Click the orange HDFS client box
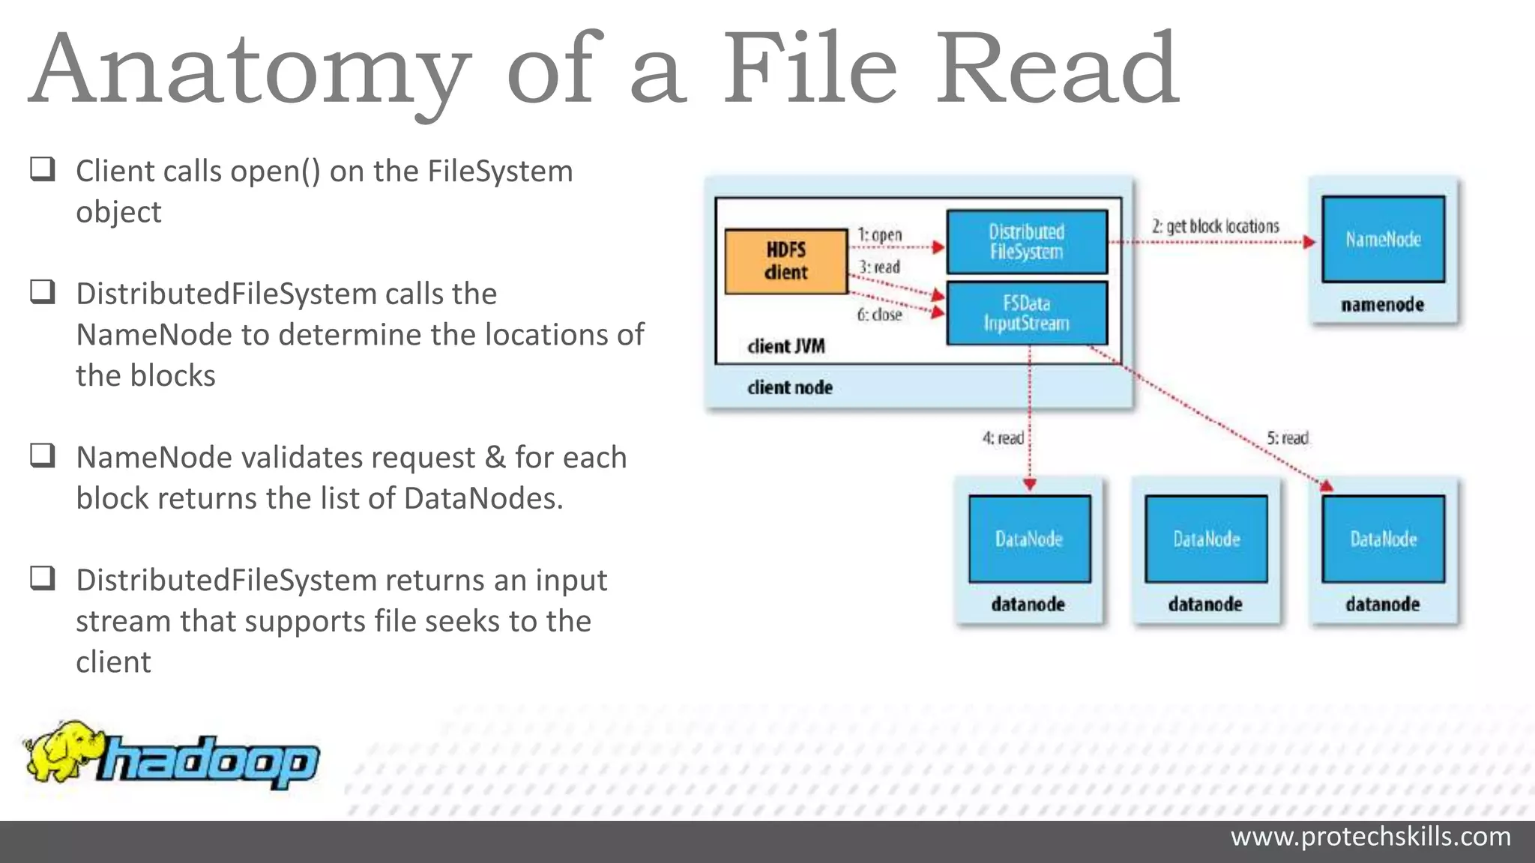click(786, 261)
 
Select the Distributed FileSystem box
click(1027, 242)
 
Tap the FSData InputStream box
click(1027, 313)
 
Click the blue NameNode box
click(1383, 239)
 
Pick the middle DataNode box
click(1206, 539)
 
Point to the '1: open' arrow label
click(880, 234)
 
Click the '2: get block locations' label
click(1215, 226)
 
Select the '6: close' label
click(879, 315)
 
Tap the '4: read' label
click(1003, 437)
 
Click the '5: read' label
click(1287, 437)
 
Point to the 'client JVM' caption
click(785, 346)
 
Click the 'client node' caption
click(789, 387)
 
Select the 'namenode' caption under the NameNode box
click(1382, 305)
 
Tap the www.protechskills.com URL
click(1370, 836)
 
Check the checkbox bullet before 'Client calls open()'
click(43, 169)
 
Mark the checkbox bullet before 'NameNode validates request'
click(43, 455)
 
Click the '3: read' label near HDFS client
click(879, 267)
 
